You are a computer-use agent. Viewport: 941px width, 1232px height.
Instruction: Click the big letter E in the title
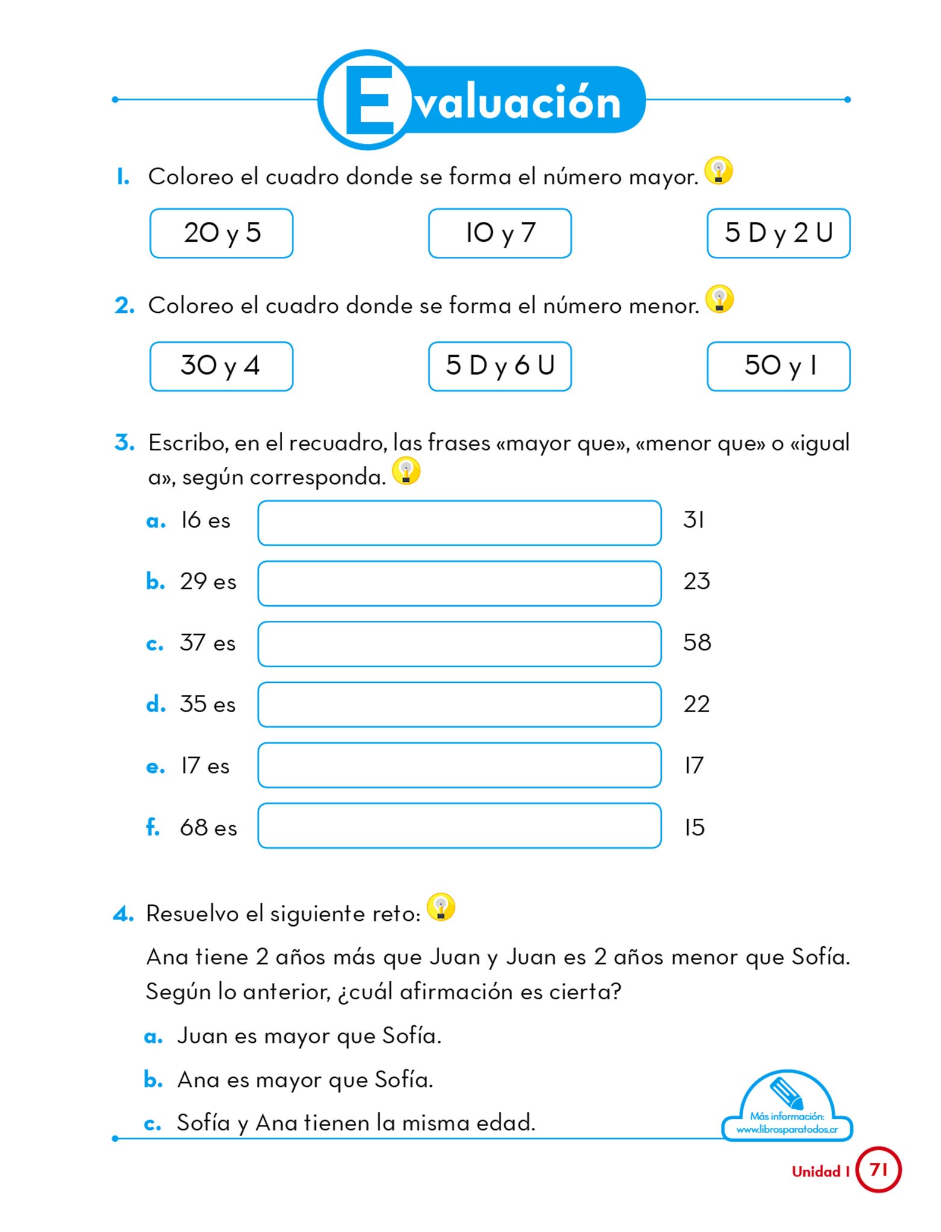(x=369, y=100)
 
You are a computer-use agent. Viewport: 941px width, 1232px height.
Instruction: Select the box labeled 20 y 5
(x=221, y=233)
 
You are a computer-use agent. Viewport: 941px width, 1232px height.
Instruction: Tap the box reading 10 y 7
(x=499, y=233)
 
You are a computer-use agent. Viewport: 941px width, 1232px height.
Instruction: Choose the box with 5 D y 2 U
(x=778, y=233)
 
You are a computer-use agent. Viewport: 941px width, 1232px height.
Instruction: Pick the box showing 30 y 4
(x=221, y=366)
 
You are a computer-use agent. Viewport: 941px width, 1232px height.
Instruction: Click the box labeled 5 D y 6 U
(x=499, y=366)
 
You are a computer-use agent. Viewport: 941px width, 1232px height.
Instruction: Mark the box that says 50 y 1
(x=778, y=366)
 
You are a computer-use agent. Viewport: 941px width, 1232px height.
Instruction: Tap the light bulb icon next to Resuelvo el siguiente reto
(x=440, y=908)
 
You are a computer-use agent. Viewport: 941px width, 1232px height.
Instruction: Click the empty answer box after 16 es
(x=459, y=523)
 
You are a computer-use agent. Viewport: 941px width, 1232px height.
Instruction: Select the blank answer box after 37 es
(x=459, y=644)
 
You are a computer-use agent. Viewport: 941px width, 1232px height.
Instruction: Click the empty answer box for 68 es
(x=459, y=825)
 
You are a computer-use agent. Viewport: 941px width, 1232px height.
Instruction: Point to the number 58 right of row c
(x=697, y=642)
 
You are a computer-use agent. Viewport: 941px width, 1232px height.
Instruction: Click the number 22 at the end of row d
(x=696, y=704)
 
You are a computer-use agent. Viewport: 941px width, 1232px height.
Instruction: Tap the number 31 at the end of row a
(x=693, y=520)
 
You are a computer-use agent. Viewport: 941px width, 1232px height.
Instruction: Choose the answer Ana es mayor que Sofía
(x=305, y=1080)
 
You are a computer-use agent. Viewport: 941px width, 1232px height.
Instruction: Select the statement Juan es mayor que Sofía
(x=309, y=1036)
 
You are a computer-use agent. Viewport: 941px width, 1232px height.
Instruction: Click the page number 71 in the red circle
(x=878, y=1169)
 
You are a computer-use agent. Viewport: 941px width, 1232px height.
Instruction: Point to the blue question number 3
(x=124, y=443)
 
